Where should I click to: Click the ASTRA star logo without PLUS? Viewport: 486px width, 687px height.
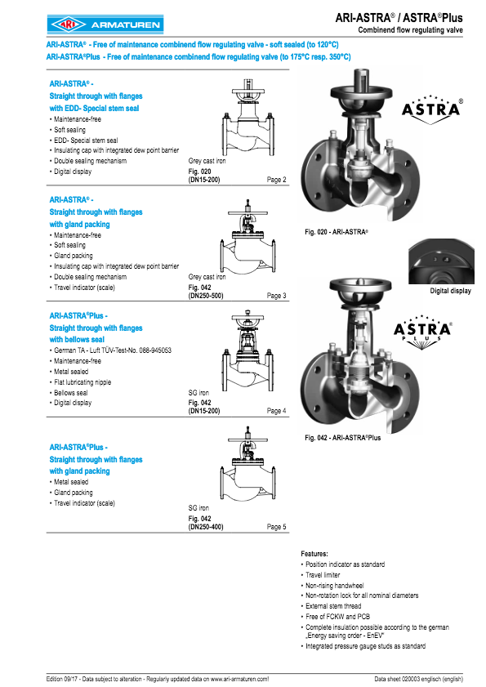pos(432,111)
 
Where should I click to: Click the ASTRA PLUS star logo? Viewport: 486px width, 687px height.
pos(432,329)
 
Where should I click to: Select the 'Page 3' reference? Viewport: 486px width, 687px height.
pos(277,296)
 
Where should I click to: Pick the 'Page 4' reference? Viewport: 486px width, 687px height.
pos(277,411)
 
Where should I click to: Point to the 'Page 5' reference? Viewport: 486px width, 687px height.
pos(277,527)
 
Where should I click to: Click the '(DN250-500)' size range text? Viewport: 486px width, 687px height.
pos(206,296)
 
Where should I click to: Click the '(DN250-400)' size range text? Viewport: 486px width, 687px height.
pos(206,527)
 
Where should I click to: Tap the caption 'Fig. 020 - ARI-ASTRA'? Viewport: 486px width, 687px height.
pos(337,233)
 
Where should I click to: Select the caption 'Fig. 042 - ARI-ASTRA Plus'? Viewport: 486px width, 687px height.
pos(342,438)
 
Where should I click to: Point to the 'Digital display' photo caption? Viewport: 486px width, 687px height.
pos(450,292)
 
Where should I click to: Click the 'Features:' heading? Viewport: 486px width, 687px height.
pos(314,554)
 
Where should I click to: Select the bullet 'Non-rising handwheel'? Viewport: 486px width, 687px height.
pos(335,585)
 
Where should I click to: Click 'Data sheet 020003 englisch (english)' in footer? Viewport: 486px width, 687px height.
pos(419,679)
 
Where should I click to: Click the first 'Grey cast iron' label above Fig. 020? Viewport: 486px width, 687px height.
pos(207,162)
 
